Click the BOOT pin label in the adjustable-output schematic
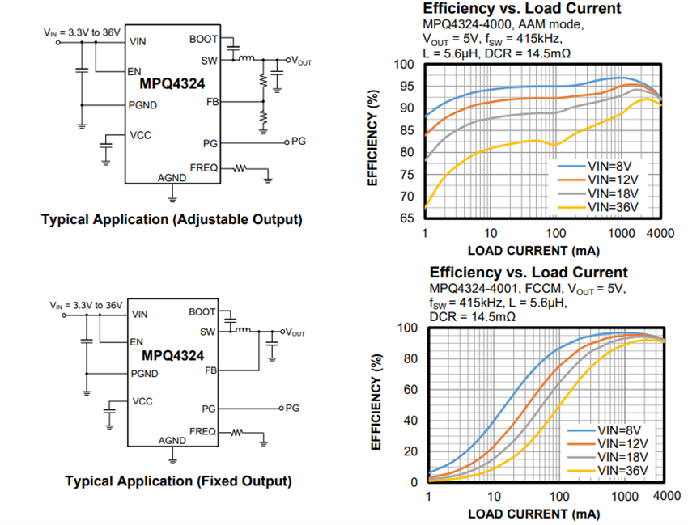coord(202,39)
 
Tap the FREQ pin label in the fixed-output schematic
coord(202,430)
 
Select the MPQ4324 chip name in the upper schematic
coord(172,83)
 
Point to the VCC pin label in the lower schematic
coord(142,401)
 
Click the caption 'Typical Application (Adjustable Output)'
coord(172,220)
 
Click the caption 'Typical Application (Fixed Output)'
coord(178,481)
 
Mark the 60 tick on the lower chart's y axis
coord(410,389)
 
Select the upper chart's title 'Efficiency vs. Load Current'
coord(522,9)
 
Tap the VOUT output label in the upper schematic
coord(301,61)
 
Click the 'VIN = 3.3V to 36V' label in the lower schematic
coord(84,306)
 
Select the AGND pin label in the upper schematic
coord(171,177)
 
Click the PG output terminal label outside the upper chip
coord(299,141)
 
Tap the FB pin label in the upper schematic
coord(213,102)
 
